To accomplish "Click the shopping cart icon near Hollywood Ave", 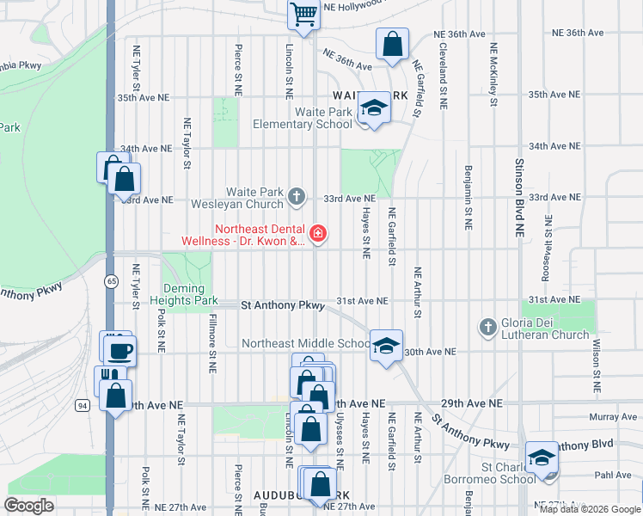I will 303,13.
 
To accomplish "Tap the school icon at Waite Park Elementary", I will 374,107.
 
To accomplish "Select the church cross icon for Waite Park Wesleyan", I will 297,197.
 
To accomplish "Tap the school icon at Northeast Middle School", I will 387,347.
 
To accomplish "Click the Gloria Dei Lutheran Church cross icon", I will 487,327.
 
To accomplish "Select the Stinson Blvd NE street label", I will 519,198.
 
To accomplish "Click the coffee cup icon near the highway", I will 119,350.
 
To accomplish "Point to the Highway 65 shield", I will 112,281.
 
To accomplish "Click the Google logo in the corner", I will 29,506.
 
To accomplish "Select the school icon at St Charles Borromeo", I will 542,457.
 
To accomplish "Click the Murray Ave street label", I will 614,417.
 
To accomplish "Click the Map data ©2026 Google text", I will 590,509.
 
